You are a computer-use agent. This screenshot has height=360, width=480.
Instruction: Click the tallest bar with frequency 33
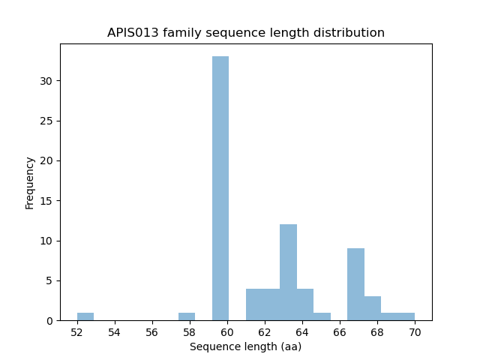coord(220,188)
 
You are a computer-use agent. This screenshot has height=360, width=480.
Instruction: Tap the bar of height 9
coord(355,284)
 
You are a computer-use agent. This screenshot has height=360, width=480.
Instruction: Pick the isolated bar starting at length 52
coord(85,316)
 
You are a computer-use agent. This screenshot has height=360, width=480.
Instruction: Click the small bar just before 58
coord(187,316)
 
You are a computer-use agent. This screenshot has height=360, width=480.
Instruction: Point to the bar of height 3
coord(373,308)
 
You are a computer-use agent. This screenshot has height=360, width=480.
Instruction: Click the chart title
coord(246,33)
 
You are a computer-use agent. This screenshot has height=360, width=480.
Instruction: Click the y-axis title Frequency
coord(30,182)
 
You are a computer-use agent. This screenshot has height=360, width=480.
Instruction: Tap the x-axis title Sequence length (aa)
coord(245,346)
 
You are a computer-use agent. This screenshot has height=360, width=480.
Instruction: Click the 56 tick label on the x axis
coord(152,332)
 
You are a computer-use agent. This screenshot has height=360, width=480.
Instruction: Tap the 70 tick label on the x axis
coord(415,332)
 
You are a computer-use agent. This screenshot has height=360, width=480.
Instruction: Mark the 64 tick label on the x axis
coord(302,332)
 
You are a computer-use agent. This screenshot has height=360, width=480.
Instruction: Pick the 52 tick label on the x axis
coord(77,332)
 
